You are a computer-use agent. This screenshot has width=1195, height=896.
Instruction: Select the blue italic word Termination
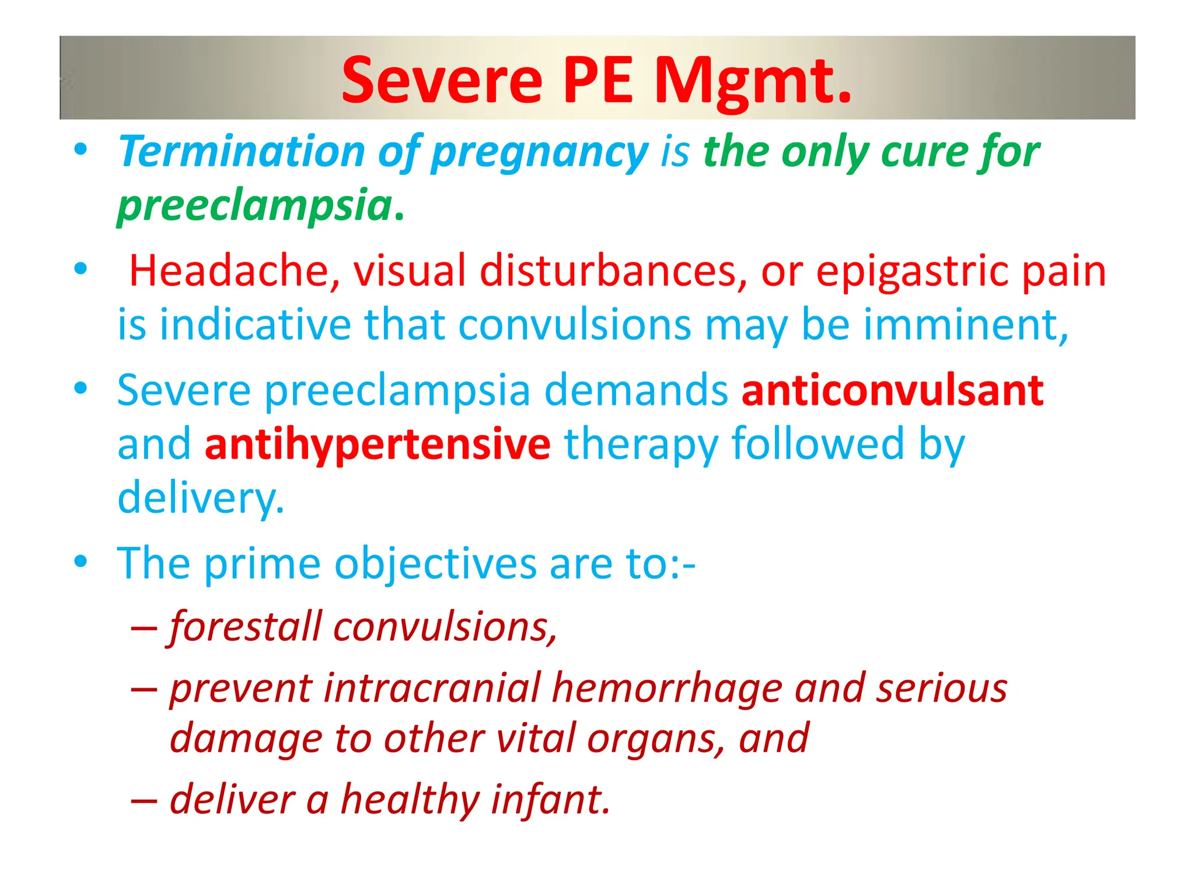tap(242, 152)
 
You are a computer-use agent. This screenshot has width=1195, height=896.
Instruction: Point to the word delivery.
tap(201, 498)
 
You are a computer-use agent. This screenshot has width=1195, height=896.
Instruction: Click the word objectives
tap(435, 563)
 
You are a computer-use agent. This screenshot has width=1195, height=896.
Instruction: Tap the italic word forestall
tap(245, 626)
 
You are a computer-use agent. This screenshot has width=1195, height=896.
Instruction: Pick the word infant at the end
tap(551, 799)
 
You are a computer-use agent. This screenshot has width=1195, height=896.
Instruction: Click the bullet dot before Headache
tap(81, 269)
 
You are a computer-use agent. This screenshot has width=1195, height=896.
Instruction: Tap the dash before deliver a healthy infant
tap(144, 800)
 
